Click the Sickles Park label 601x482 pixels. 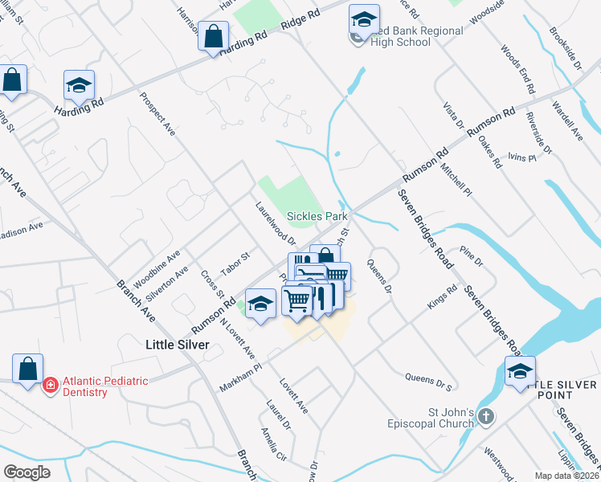pyautogui.click(x=318, y=216)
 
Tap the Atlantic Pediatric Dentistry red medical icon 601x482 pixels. pyautogui.click(x=51, y=386)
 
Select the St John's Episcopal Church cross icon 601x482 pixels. pyautogui.click(x=486, y=416)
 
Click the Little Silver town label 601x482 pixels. pyautogui.click(x=177, y=344)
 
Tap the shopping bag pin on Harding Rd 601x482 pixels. pyautogui.click(x=213, y=37)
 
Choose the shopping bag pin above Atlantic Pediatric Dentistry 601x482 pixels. pyautogui.click(x=27, y=369)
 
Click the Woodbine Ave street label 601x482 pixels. pyautogui.click(x=157, y=265)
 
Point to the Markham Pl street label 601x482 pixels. pyautogui.click(x=241, y=377)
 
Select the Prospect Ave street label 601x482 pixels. pyautogui.click(x=157, y=115)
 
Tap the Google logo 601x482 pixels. pyautogui.click(x=27, y=472)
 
